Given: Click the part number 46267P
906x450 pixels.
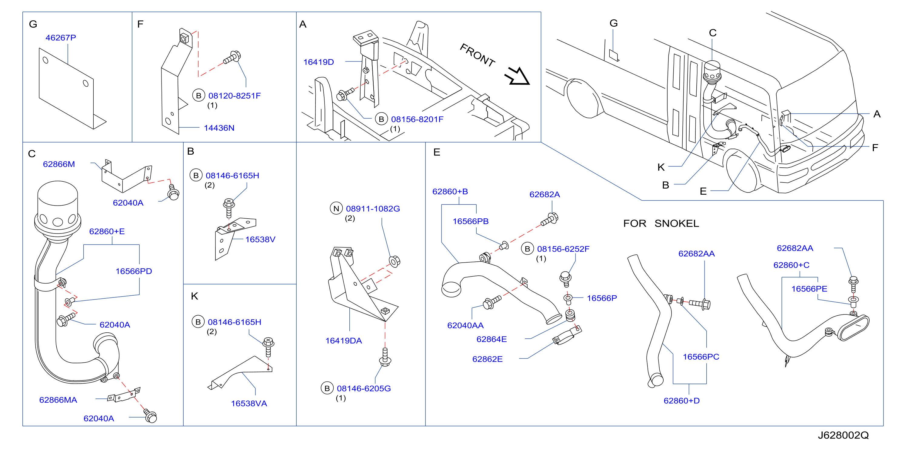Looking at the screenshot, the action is pos(61,38).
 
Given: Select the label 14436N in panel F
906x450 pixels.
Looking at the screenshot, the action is pos(219,128).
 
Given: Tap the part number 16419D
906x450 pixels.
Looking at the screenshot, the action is pos(319,62).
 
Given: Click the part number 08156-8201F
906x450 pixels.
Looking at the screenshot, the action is pos(417,119).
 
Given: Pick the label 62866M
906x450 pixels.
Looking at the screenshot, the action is pos(59,164).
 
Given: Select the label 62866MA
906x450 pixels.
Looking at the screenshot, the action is pos(58,400).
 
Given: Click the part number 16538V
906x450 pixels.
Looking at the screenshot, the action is pos(260,239).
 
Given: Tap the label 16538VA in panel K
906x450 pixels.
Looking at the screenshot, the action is pos(249,403).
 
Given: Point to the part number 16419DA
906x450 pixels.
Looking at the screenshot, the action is pos(344,341).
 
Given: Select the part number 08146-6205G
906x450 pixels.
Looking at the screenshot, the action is pos(364,388).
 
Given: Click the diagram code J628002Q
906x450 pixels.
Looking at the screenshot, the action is pos(843,435).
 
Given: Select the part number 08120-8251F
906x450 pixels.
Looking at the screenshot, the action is pos(235,96).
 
